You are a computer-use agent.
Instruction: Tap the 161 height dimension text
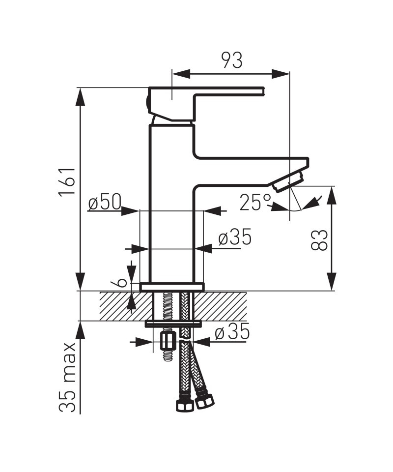coord(67,180)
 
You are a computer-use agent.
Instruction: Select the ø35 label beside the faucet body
coord(235,236)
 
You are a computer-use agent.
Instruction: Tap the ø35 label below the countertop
coord(232,331)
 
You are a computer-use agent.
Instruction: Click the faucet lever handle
coord(204,104)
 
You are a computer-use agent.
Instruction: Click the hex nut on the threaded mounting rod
coord(168,341)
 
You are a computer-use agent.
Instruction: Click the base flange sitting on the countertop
coord(172,287)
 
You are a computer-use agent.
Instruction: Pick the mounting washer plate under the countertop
coord(173,324)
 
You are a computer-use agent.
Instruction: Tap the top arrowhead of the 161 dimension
coord(80,97)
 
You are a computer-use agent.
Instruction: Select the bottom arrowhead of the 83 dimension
coord(332,282)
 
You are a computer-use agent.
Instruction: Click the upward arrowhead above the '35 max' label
coord(80,330)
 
